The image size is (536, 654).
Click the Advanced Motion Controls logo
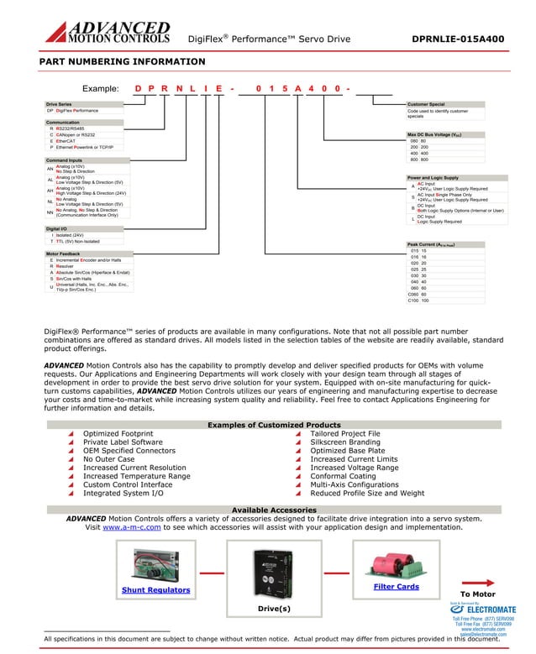coord(107,32)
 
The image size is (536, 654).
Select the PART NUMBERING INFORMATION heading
coord(122,61)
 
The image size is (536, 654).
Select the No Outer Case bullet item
coord(108,459)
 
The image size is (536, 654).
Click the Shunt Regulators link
coord(155,590)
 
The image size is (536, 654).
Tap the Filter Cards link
coord(396,587)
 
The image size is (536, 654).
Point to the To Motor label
coord(477,594)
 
